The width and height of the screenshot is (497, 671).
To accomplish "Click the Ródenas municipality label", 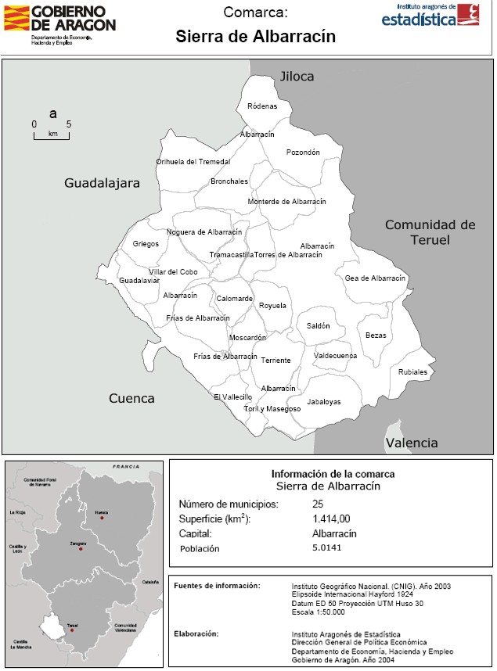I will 261,106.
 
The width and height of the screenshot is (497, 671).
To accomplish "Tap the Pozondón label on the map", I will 303,152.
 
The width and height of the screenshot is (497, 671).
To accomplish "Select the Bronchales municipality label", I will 229,181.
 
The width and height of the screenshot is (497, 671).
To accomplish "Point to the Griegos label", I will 146,244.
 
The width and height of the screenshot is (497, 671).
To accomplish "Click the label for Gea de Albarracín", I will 376,278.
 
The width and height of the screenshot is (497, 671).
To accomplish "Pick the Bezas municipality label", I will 376,335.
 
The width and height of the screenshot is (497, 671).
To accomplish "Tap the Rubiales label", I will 413,372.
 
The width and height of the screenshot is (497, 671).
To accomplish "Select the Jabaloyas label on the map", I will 325,402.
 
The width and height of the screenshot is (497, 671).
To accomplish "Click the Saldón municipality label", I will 319,326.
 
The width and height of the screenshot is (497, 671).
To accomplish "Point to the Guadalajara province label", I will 102,184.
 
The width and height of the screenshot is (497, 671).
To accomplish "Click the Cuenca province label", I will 131,398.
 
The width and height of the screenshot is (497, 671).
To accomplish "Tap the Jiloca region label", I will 297,76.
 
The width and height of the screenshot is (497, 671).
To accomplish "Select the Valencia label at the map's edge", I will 412,443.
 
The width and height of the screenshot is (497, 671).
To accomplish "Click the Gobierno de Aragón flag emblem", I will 16,18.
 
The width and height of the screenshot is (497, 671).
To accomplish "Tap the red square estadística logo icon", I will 468,15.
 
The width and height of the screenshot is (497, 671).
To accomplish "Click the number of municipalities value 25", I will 317,504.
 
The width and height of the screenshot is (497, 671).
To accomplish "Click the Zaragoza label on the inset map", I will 77,540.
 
